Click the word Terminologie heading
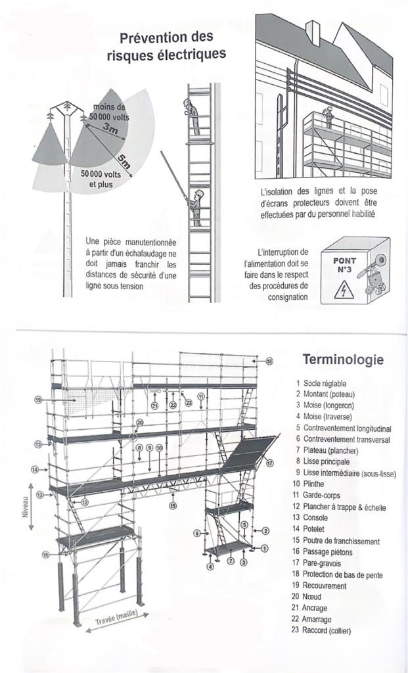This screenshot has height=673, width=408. coord(342,360)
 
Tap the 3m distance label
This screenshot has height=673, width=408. coord(111,130)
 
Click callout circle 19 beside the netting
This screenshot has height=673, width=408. coord(38,400)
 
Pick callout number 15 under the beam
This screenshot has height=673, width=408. coord(172,506)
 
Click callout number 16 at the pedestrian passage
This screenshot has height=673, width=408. coord(46,555)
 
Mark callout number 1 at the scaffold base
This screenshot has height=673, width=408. coord(264,547)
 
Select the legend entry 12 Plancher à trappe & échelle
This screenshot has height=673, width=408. coord(340,507)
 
